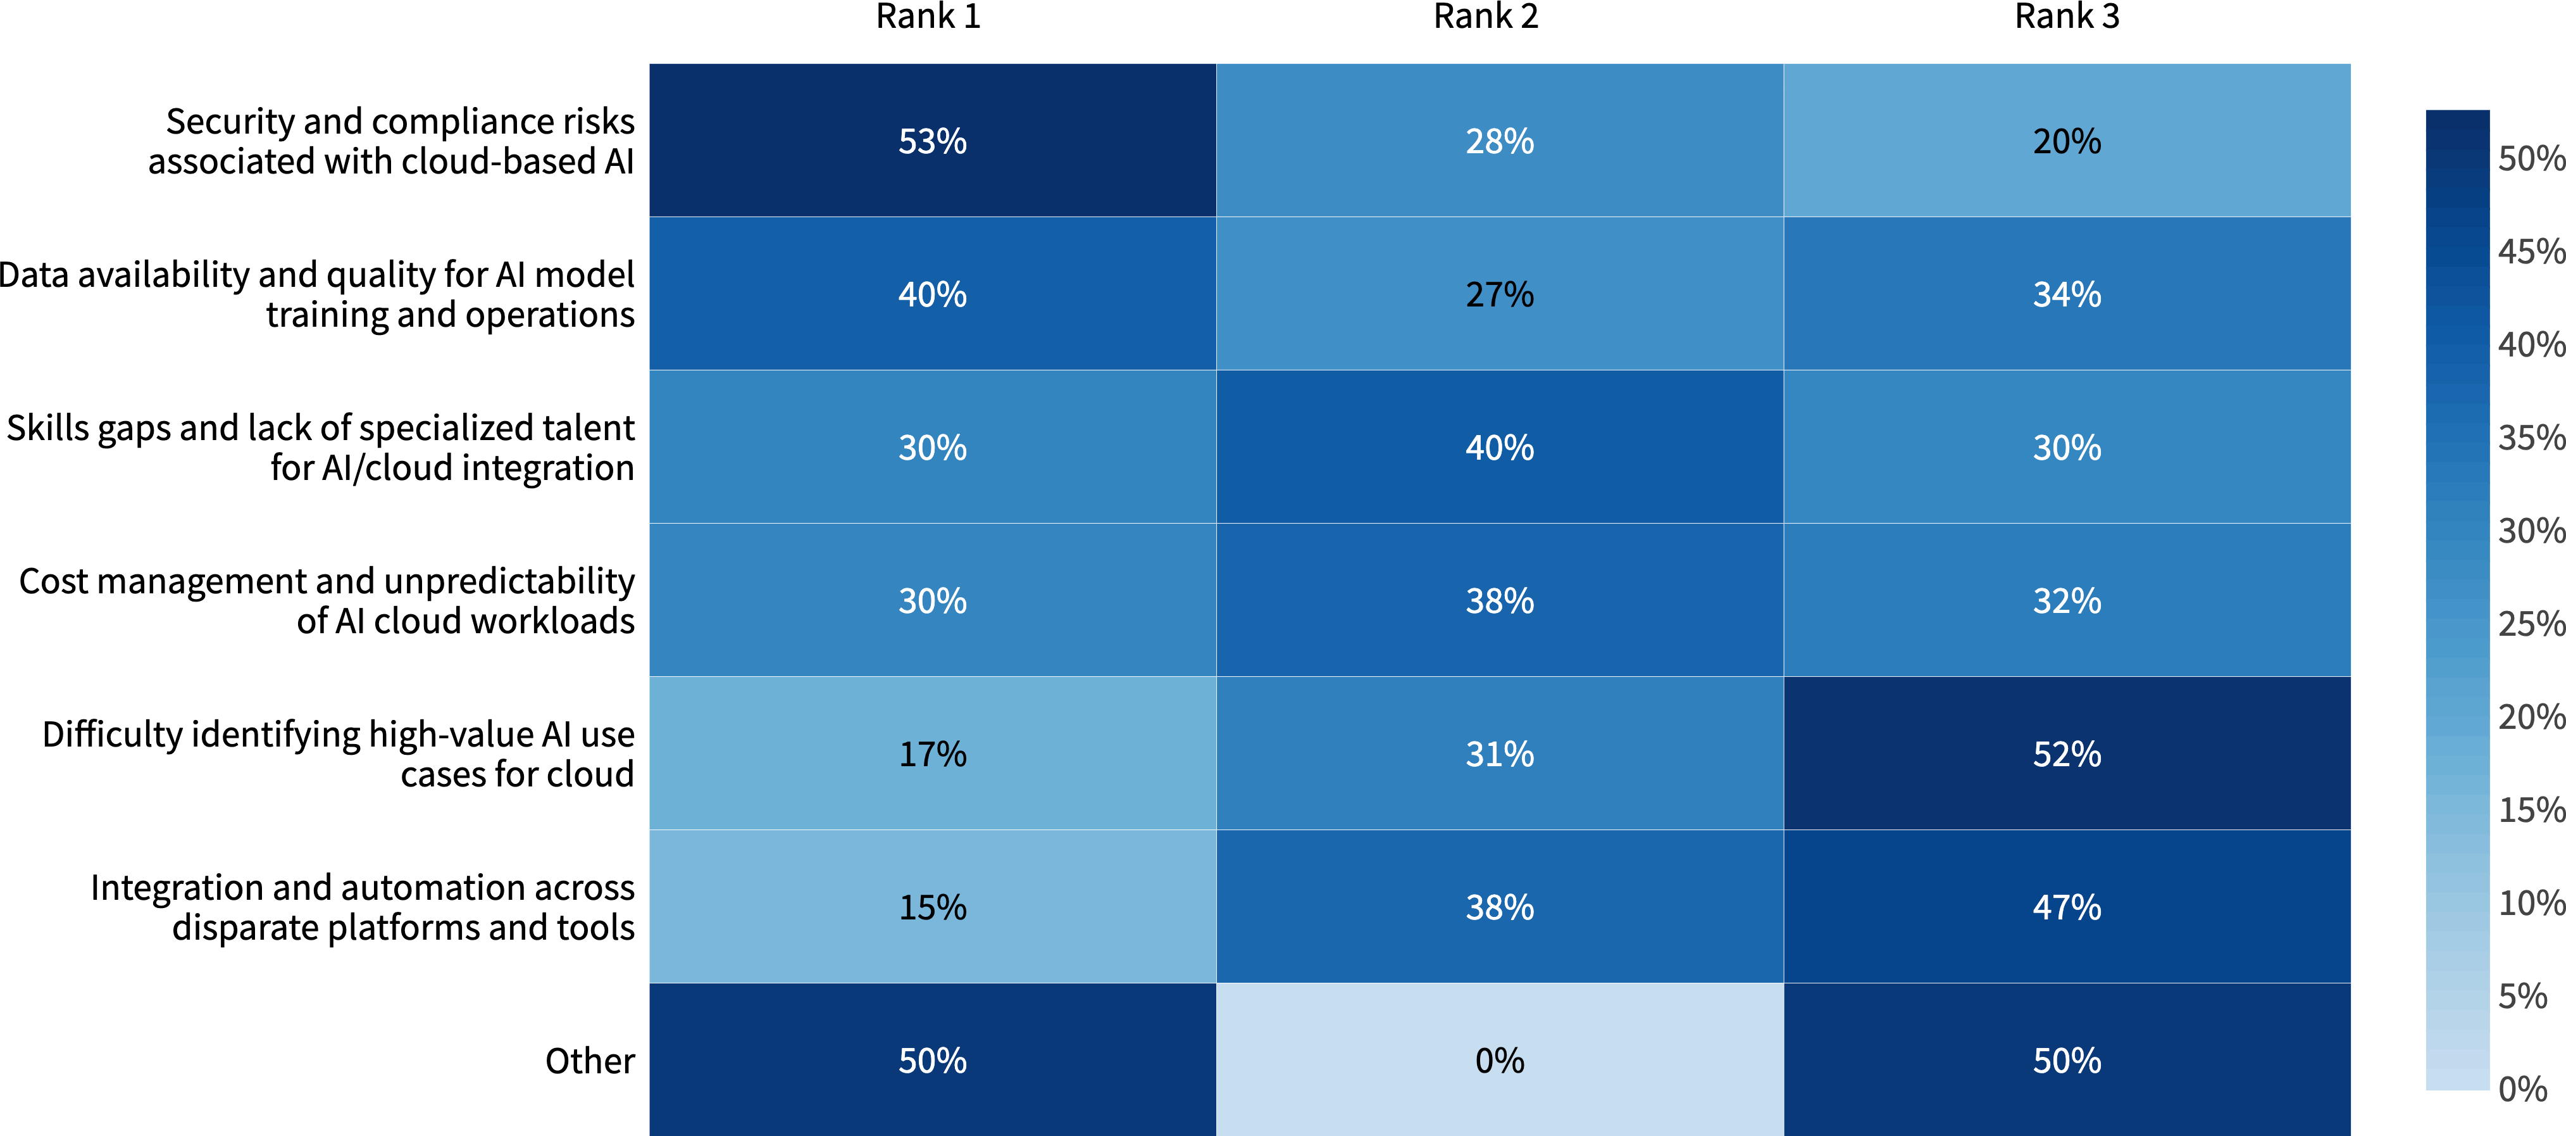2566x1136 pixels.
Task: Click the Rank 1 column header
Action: pyautogui.click(x=928, y=17)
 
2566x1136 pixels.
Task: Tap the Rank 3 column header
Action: pyautogui.click(x=2067, y=17)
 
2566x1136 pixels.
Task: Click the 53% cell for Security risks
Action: pyautogui.click(x=932, y=141)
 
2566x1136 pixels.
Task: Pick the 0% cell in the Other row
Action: pyautogui.click(x=1499, y=1059)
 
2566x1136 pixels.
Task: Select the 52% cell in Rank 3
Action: pyautogui.click(x=2067, y=754)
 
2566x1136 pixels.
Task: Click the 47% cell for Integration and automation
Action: pyautogui.click(x=2067, y=907)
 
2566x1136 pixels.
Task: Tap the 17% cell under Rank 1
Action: pyautogui.click(x=932, y=754)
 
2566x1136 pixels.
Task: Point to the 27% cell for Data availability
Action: pyautogui.click(x=1499, y=294)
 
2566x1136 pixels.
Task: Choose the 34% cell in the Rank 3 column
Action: pyautogui.click(x=2067, y=294)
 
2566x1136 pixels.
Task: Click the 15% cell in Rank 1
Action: pyautogui.click(x=932, y=907)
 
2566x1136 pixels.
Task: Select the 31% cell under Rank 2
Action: pyautogui.click(x=1499, y=754)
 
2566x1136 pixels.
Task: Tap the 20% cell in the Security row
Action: pyautogui.click(x=2067, y=141)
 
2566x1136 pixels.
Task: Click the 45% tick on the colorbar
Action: pyautogui.click(x=2529, y=251)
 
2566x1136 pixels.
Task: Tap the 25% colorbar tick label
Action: pyautogui.click(x=2529, y=624)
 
